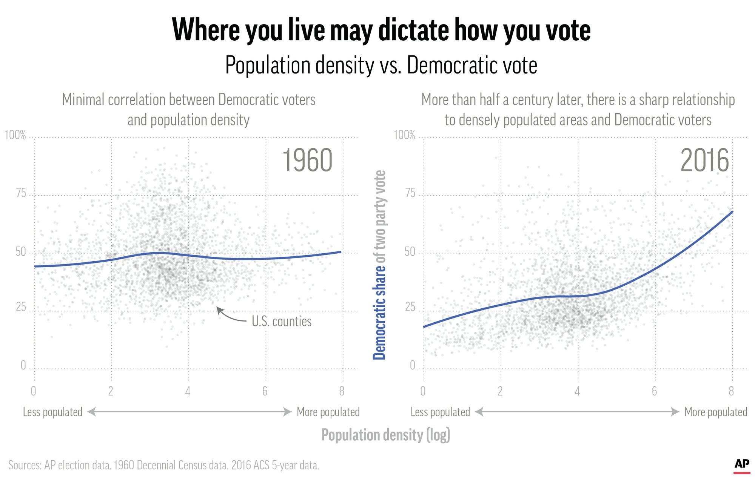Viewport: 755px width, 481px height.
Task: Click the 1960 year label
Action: pyautogui.click(x=307, y=161)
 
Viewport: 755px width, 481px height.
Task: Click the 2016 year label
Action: pyautogui.click(x=704, y=161)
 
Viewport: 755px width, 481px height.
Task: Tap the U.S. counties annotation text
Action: pyautogui.click(x=282, y=322)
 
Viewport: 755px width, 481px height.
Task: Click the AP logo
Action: pyautogui.click(x=742, y=465)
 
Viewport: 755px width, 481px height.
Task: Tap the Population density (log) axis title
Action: pyautogui.click(x=385, y=435)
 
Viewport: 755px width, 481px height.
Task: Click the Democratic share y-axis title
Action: pyautogui.click(x=379, y=265)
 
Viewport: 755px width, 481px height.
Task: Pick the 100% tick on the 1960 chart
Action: pyautogui.click(x=15, y=135)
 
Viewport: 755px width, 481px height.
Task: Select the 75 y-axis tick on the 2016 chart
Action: pyautogui.click(x=410, y=193)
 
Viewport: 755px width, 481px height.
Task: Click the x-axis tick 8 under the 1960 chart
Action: pyautogui.click(x=342, y=391)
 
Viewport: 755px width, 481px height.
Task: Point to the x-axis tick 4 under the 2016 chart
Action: pyautogui.click(x=577, y=391)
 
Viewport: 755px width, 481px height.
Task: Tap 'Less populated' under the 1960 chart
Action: pyautogui.click(x=52, y=412)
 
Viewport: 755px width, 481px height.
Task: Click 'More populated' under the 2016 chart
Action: pyautogui.click(x=716, y=412)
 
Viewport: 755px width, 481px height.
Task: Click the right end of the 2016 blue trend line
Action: pyautogui.click(x=732, y=211)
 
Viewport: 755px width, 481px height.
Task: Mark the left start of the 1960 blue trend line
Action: pyautogui.click(x=35, y=267)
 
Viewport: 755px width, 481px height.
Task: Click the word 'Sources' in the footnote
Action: pyautogui.click(x=25, y=465)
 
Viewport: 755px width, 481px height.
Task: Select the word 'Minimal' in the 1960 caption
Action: pyautogui.click(x=83, y=100)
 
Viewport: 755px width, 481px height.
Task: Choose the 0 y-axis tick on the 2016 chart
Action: pyautogui.click(x=412, y=365)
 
